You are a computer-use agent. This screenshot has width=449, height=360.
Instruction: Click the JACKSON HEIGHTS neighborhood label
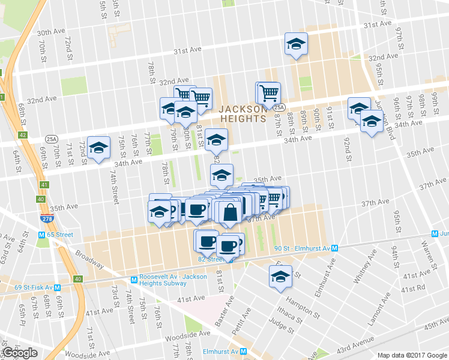coord(242,113)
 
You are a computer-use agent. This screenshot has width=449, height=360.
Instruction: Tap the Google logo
coord(20,353)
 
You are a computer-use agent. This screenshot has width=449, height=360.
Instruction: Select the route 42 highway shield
coord(23,136)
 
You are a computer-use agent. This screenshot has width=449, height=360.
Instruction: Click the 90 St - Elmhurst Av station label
coord(307,248)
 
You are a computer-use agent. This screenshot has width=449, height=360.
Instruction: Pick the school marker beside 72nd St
coord(98,147)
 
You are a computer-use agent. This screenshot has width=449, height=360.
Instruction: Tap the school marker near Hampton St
coord(280,277)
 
